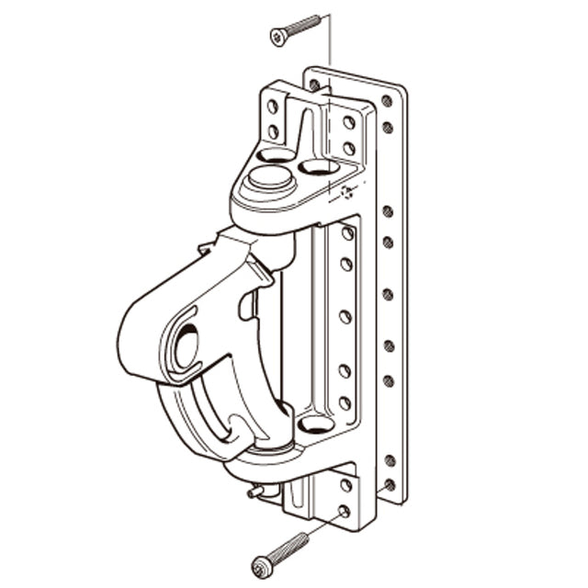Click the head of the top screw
point(277,37)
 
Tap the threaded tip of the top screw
point(317,18)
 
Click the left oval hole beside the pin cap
point(276,155)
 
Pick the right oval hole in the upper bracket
point(319,166)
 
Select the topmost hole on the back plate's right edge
point(387,100)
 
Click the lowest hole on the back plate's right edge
point(390,484)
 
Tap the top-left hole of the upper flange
point(273,107)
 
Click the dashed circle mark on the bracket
point(346,193)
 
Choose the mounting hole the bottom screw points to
point(344,511)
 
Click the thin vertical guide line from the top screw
point(329,55)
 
